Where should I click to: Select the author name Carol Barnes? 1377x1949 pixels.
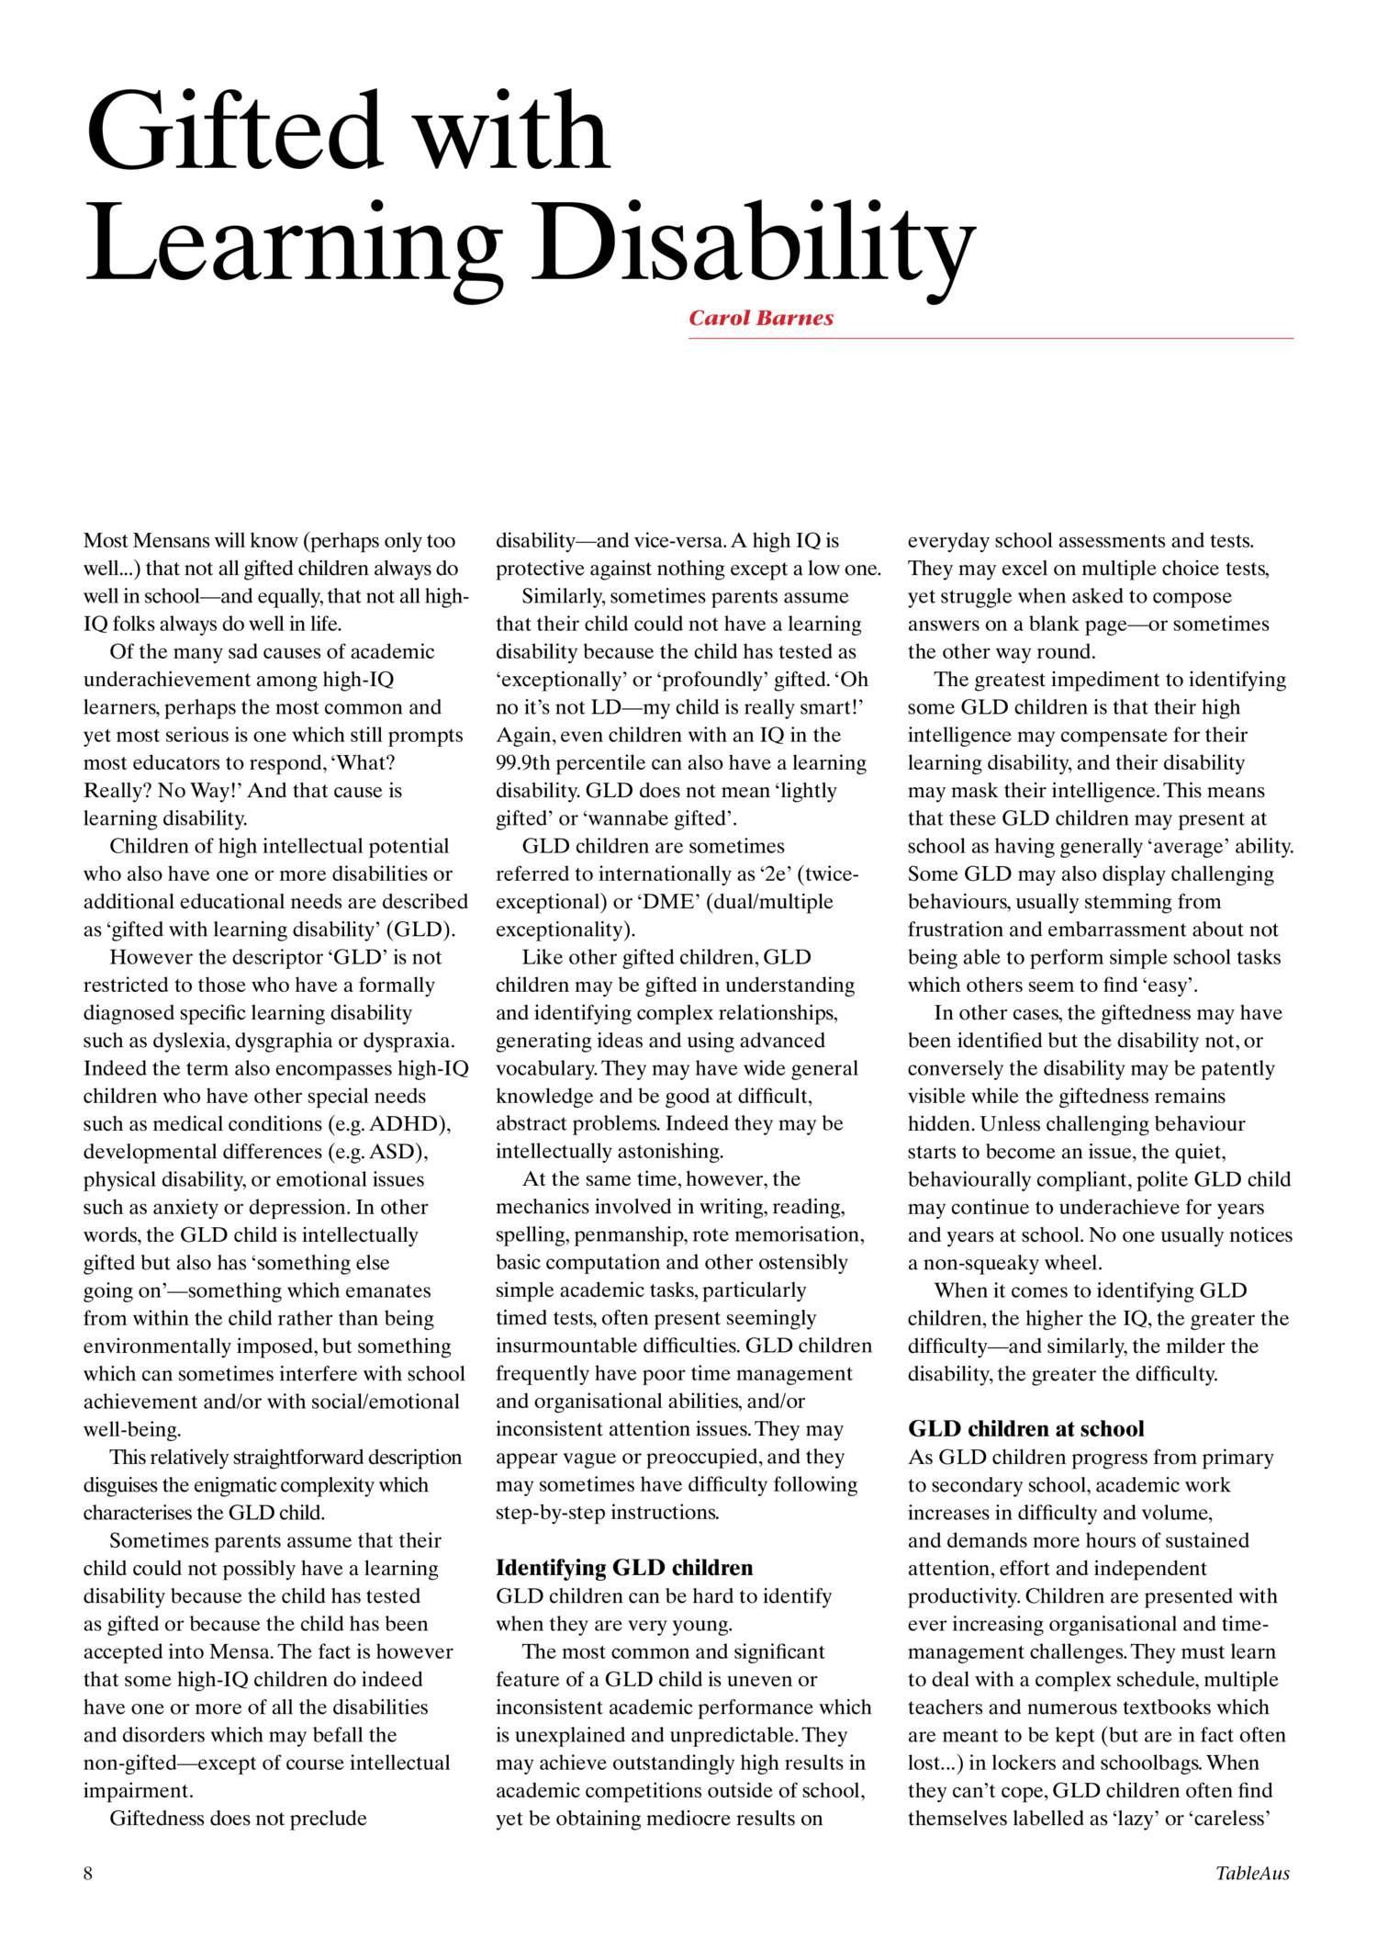pos(761,319)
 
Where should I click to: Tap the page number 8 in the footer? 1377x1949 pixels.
pos(88,1874)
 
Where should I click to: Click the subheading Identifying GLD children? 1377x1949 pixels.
pos(624,1568)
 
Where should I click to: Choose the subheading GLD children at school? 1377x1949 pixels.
pos(1026,1428)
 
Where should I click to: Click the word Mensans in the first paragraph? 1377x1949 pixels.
pos(166,541)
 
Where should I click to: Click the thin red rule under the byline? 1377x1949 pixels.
pos(991,339)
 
